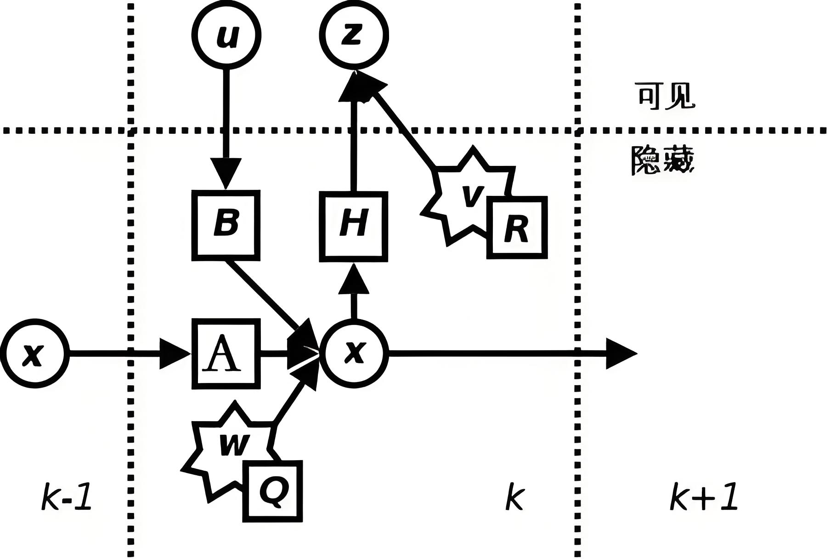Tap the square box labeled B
tap(226, 225)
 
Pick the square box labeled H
tap(354, 226)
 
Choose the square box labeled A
tap(226, 354)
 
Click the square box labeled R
tap(517, 228)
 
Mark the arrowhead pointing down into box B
tap(226, 173)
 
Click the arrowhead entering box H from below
tap(354, 280)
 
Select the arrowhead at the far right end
tap(621, 353)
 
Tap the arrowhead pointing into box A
tap(175, 353)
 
